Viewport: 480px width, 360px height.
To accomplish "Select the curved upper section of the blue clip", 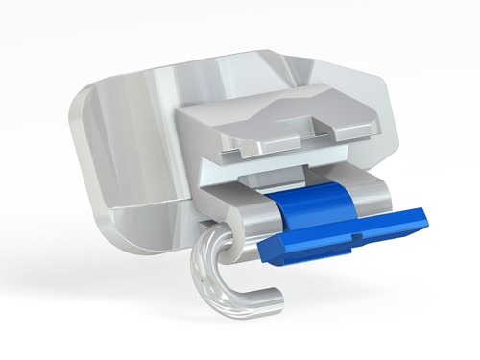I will (x=305, y=202).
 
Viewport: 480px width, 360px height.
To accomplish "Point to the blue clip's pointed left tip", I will (x=264, y=252).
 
